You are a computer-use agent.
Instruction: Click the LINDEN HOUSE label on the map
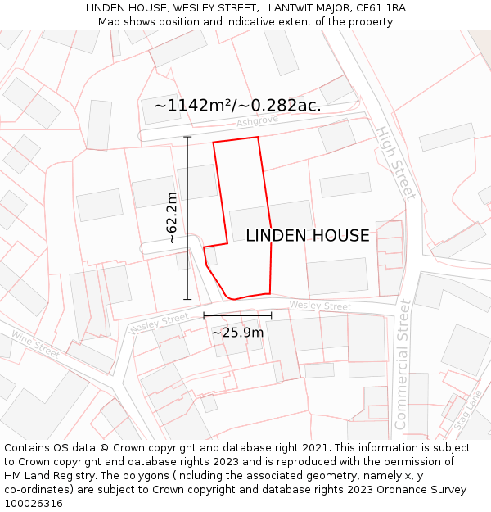click(308, 236)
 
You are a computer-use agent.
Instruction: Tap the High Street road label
click(395, 163)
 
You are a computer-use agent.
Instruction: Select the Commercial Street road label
click(402, 365)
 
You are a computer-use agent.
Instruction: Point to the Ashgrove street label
click(257, 121)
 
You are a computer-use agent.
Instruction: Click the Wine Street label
click(35, 343)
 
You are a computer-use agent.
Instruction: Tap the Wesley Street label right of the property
click(320, 306)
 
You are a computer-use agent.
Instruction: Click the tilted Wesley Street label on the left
click(159, 324)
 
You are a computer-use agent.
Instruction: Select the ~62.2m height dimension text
click(172, 218)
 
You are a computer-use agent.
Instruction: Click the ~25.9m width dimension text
click(237, 333)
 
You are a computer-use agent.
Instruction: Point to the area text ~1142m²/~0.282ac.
click(237, 106)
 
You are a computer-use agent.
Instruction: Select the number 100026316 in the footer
click(34, 504)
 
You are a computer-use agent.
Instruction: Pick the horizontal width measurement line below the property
click(237, 315)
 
